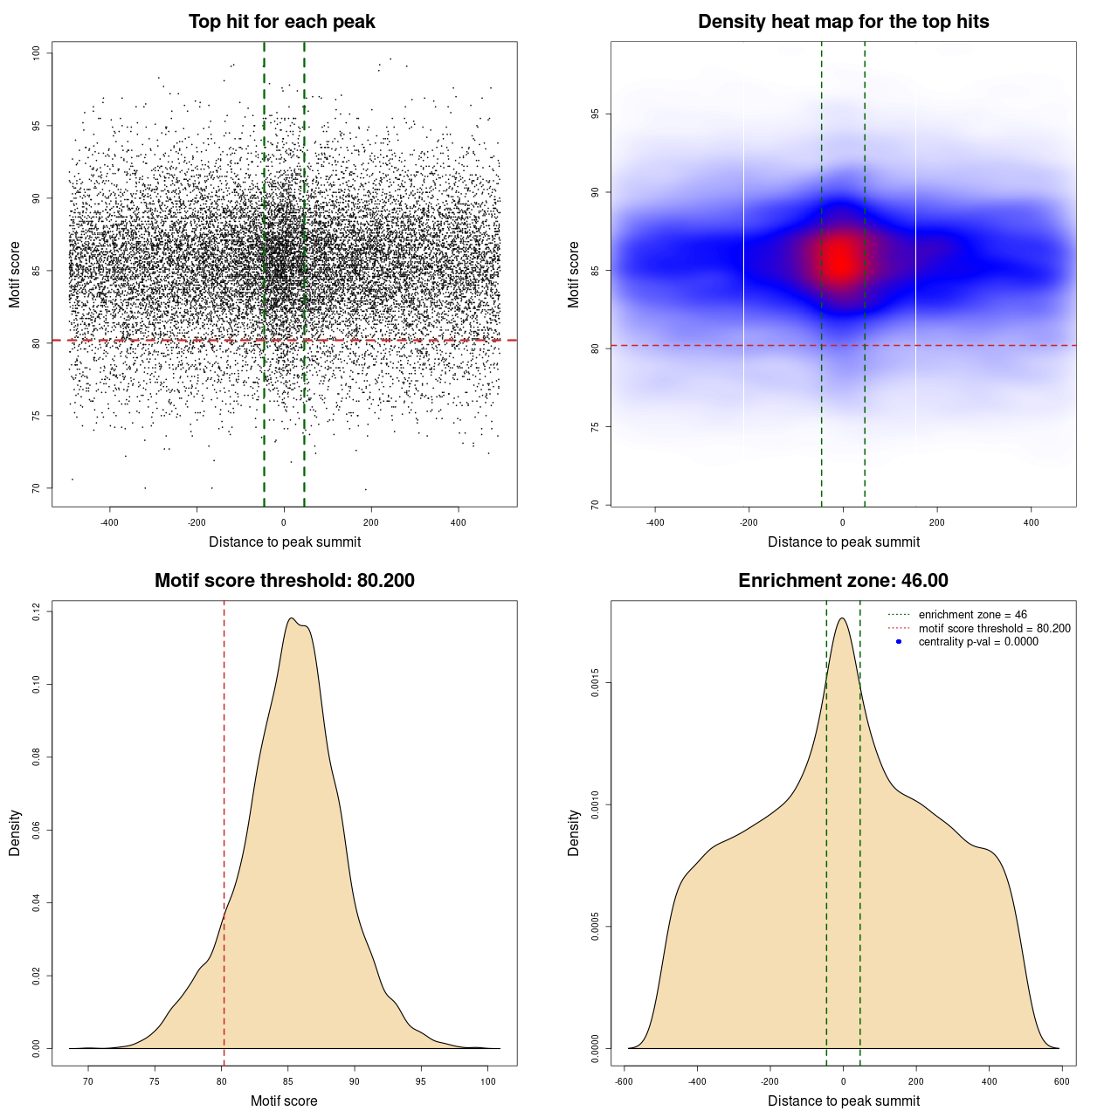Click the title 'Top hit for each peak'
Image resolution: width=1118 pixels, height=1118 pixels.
(x=281, y=22)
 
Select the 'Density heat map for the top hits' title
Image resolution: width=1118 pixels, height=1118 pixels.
(x=843, y=22)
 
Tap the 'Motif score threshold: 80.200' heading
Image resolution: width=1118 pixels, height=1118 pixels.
(x=284, y=581)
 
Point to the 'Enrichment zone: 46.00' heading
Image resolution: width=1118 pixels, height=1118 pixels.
(x=843, y=581)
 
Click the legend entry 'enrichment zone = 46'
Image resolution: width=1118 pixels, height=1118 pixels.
(x=972, y=615)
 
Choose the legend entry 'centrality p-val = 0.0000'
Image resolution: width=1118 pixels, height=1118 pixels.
(x=978, y=642)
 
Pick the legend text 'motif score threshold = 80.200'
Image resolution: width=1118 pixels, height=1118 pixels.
(x=994, y=629)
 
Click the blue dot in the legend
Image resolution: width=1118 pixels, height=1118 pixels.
(x=899, y=642)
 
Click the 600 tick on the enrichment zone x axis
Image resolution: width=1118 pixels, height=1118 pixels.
(x=1061, y=1081)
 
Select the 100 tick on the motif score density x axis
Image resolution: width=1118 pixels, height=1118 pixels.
(x=488, y=1081)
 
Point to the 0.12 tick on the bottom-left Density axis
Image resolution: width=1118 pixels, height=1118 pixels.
(x=37, y=611)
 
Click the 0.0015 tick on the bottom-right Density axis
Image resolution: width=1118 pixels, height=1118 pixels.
(x=596, y=683)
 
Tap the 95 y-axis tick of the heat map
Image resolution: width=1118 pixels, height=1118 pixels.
(x=596, y=114)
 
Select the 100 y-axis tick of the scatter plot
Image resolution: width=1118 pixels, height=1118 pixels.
(x=37, y=53)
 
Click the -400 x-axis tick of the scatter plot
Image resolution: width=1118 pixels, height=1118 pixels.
(x=109, y=522)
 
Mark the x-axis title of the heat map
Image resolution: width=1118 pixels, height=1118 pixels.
(x=843, y=542)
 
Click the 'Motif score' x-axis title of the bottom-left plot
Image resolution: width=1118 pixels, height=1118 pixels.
(x=284, y=1101)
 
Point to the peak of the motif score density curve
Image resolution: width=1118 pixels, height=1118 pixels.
(x=292, y=618)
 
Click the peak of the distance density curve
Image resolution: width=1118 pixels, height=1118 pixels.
(x=842, y=618)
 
